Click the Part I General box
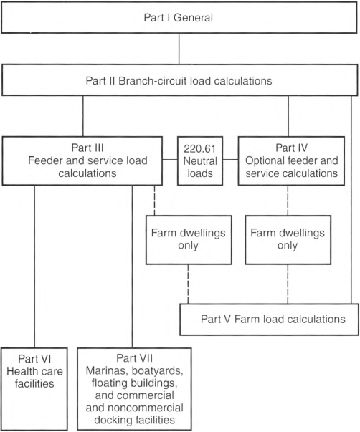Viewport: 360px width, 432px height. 179,18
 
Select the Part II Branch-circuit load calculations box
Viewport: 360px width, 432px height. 179,80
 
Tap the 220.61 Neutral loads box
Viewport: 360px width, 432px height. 200,161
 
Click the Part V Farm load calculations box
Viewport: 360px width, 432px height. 269,320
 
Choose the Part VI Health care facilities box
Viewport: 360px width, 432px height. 34,389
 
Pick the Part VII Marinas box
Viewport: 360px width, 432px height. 134,389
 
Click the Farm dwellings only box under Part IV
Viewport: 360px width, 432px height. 288,240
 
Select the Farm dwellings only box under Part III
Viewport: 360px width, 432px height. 189,240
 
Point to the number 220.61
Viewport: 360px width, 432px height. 200,149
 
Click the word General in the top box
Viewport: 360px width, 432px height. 193,18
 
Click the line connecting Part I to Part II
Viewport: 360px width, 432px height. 179,49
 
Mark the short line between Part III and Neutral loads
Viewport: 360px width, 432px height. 170,160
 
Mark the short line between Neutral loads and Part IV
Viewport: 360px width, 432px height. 230,160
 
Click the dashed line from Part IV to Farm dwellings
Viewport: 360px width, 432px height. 288,201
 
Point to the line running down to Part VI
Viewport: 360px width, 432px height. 34,267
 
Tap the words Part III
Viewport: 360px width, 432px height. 87,148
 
